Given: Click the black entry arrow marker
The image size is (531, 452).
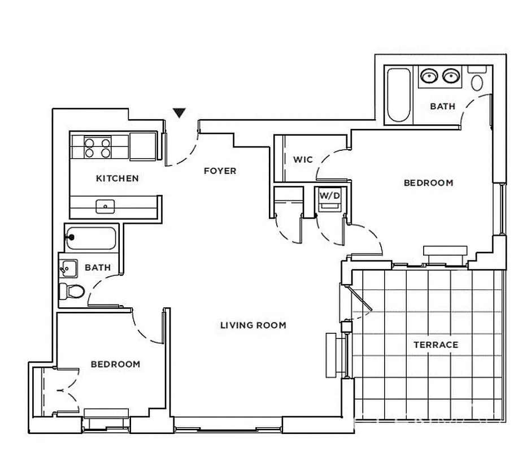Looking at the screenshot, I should (x=180, y=112).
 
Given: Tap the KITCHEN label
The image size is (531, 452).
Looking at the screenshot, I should (x=117, y=179).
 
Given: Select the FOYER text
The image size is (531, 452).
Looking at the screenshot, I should (x=220, y=171).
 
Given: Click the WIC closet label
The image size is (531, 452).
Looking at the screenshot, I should (x=302, y=160).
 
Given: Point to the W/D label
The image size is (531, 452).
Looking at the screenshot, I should (x=330, y=195).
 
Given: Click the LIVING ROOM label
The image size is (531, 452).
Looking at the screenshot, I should (x=253, y=325).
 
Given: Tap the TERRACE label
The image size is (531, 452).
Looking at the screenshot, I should (x=436, y=345).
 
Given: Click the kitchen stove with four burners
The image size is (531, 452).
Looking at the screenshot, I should (x=97, y=147).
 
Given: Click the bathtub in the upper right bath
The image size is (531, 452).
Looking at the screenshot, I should (x=399, y=95).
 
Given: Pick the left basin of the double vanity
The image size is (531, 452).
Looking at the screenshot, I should (x=430, y=75).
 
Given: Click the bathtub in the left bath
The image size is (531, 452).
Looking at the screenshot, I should (x=92, y=238).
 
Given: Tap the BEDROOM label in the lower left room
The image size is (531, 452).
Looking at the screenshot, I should (x=115, y=364).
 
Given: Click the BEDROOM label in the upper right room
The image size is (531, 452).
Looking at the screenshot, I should (x=428, y=183).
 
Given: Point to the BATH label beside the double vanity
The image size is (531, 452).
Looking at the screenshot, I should (x=442, y=106).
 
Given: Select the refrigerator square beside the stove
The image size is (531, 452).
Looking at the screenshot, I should (x=142, y=147).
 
